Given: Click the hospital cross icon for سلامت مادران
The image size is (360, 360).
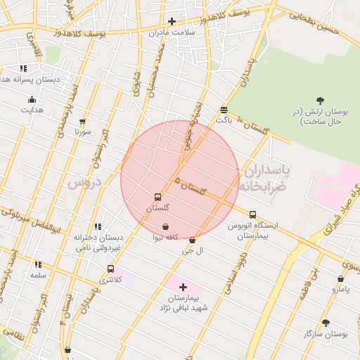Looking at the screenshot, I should coord(172,21).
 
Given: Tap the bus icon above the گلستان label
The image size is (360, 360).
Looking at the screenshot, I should coord(157,198).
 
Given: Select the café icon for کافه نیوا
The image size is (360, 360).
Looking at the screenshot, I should coord(165,227).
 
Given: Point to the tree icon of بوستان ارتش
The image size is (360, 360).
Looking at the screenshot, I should coord(321,101).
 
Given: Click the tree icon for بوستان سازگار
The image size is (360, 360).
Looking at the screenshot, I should coord(326,323).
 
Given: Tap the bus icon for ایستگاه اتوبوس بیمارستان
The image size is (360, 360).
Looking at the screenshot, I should coord(252,214).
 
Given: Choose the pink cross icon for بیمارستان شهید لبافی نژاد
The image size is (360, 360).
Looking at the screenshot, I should coord(184,287).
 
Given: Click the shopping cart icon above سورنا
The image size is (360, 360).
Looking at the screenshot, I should coord(83,121).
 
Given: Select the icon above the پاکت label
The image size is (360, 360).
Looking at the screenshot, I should coord(224,110).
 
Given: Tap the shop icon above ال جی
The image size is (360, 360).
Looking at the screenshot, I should coord(192,240).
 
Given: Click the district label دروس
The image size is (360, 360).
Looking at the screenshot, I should coord(84,183).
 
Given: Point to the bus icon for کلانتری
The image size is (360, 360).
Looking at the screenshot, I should coord(110,269).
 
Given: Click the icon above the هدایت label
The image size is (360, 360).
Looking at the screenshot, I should coord(31,99).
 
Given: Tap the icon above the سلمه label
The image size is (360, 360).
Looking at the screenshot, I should coord(38,264).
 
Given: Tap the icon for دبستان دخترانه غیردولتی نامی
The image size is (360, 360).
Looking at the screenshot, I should coord(98,226).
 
